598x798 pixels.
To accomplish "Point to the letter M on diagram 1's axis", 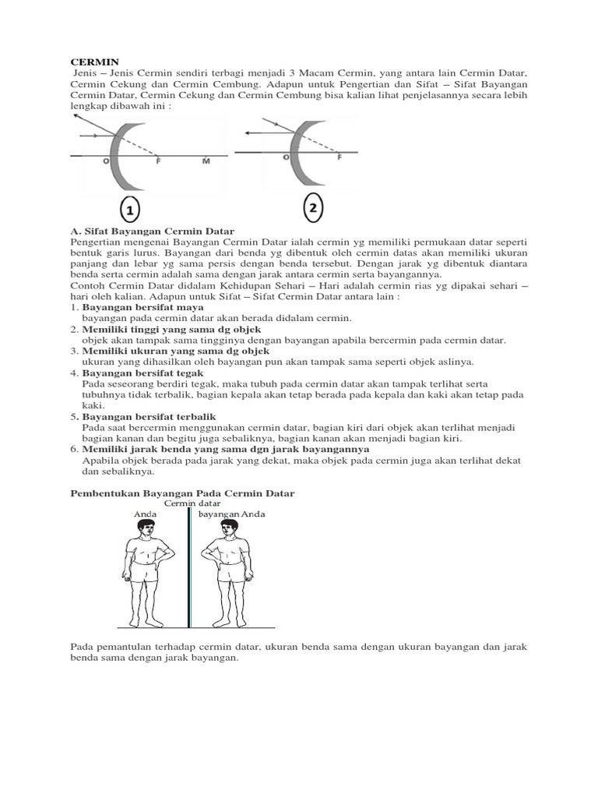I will click(x=206, y=162).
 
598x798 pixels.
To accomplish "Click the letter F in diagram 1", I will click(x=158, y=162).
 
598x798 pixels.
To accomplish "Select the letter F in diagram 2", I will click(x=339, y=157).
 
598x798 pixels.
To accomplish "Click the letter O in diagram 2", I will click(x=286, y=157).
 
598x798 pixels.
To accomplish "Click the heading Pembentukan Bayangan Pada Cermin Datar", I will click(x=183, y=493).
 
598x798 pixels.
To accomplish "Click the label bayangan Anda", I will click(x=231, y=514).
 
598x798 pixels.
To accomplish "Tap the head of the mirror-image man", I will click(x=228, y=530).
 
